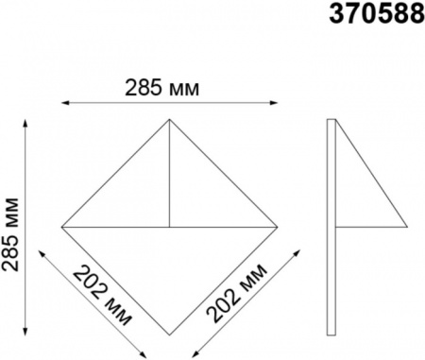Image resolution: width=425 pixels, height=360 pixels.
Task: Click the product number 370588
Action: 377,14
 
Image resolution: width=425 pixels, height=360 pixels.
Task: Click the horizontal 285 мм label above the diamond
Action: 162,88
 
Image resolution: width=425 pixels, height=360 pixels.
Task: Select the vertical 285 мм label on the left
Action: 10,234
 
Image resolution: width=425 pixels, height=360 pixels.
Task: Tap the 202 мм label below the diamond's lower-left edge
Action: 102,296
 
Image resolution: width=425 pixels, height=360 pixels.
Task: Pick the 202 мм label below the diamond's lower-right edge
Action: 237,293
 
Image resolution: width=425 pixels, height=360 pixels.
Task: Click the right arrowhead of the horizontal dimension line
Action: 274,102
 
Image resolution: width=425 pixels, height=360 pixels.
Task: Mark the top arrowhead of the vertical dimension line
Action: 25,123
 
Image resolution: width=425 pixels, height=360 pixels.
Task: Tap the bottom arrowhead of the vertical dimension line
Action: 25,332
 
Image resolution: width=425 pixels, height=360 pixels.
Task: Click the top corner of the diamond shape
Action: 169,119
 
